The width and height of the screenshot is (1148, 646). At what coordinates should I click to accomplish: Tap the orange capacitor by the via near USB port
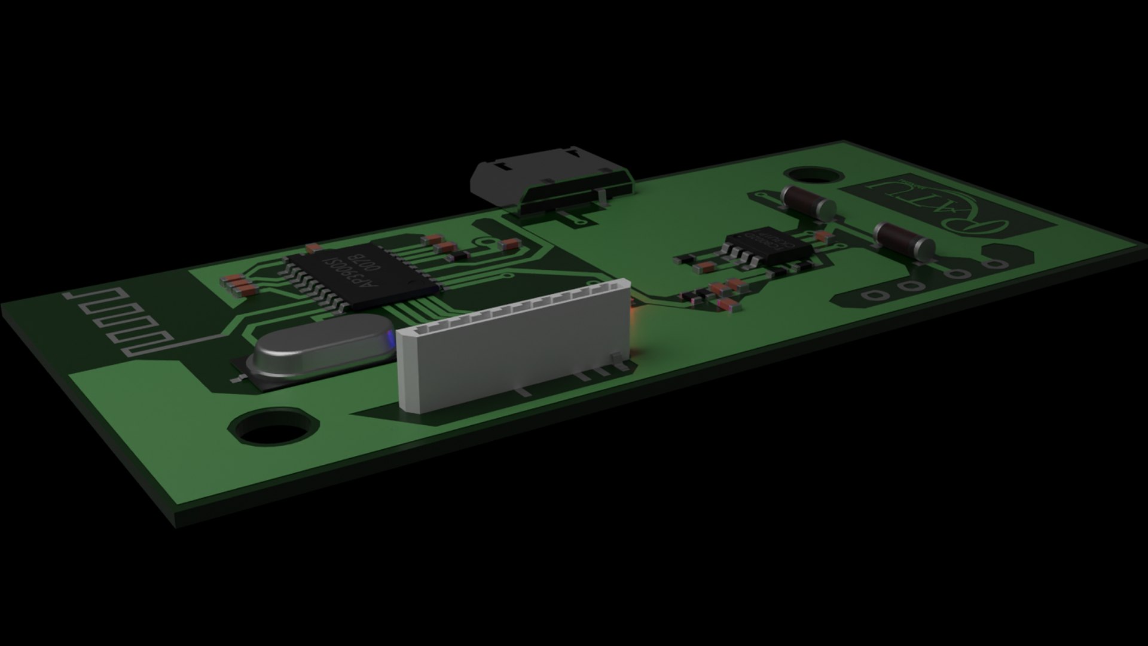[509, 243]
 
